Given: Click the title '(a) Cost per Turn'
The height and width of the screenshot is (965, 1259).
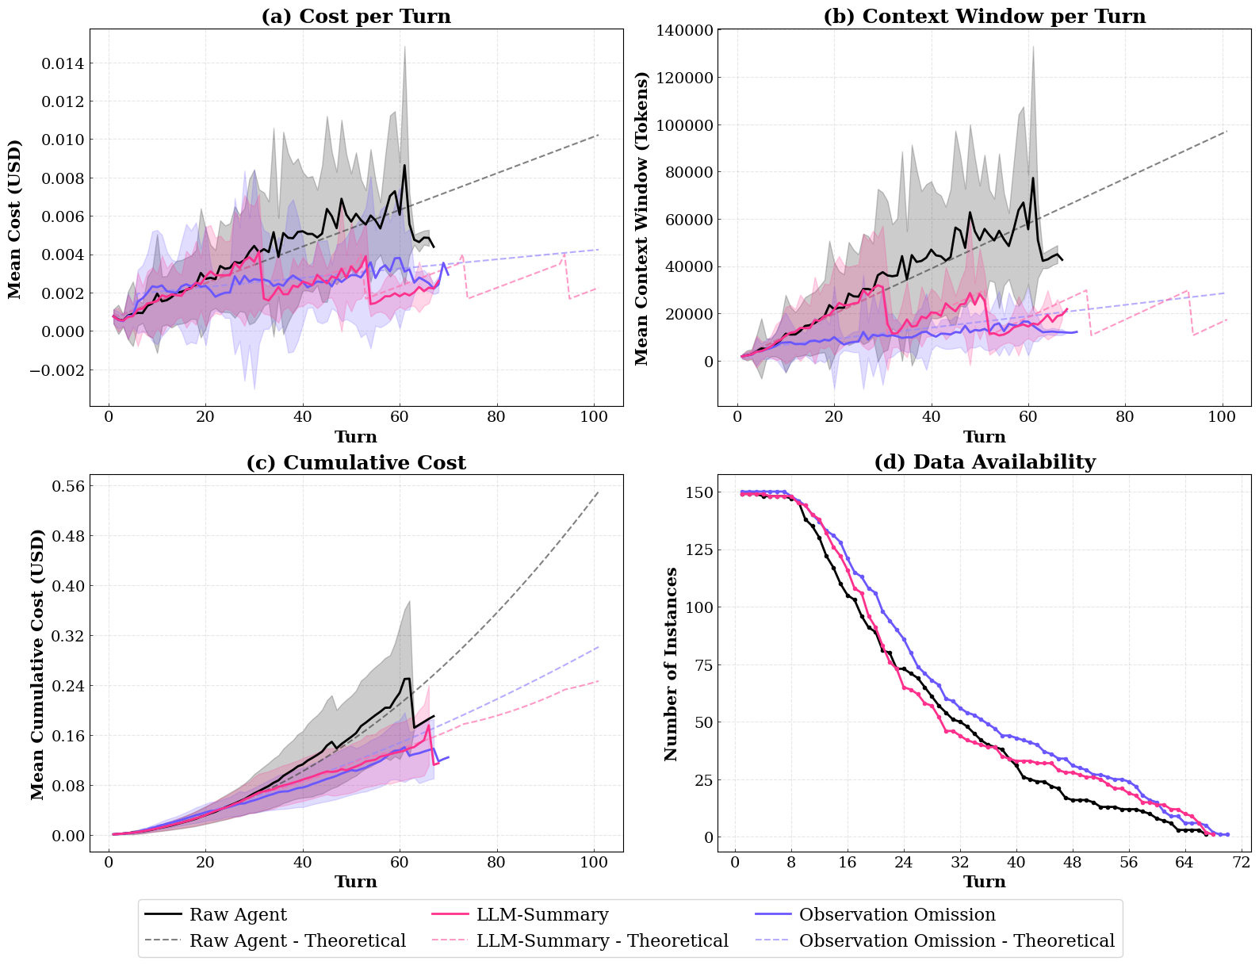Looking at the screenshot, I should tap(356, 17).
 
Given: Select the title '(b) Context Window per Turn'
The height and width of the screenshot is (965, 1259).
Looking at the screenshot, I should tap(984, 17).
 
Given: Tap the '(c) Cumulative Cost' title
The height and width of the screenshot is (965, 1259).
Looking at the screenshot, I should tap(356, 462).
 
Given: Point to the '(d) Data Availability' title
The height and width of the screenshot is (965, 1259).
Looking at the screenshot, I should tap(984, 462).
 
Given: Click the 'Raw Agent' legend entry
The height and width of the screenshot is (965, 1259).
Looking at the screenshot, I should tap(238, 914).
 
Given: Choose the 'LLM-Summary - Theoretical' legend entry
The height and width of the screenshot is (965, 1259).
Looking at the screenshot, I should tap(602, 940).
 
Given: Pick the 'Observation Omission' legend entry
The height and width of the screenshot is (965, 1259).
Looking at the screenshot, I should tap(897, 914).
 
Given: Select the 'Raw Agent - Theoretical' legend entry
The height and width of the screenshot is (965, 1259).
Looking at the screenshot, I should tap(297, 940).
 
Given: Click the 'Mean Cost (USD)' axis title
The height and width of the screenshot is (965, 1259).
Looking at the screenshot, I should tap(15, 219).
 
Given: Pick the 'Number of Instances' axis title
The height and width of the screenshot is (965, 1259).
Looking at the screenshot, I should tap(672, 664).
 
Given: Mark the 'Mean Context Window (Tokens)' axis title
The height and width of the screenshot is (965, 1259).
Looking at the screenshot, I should tap(642, 218).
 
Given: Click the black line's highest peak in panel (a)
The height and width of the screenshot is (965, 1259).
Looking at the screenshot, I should tap(404, 165).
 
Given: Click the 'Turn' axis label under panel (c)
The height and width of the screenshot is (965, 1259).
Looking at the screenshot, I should tap(356, 882).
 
